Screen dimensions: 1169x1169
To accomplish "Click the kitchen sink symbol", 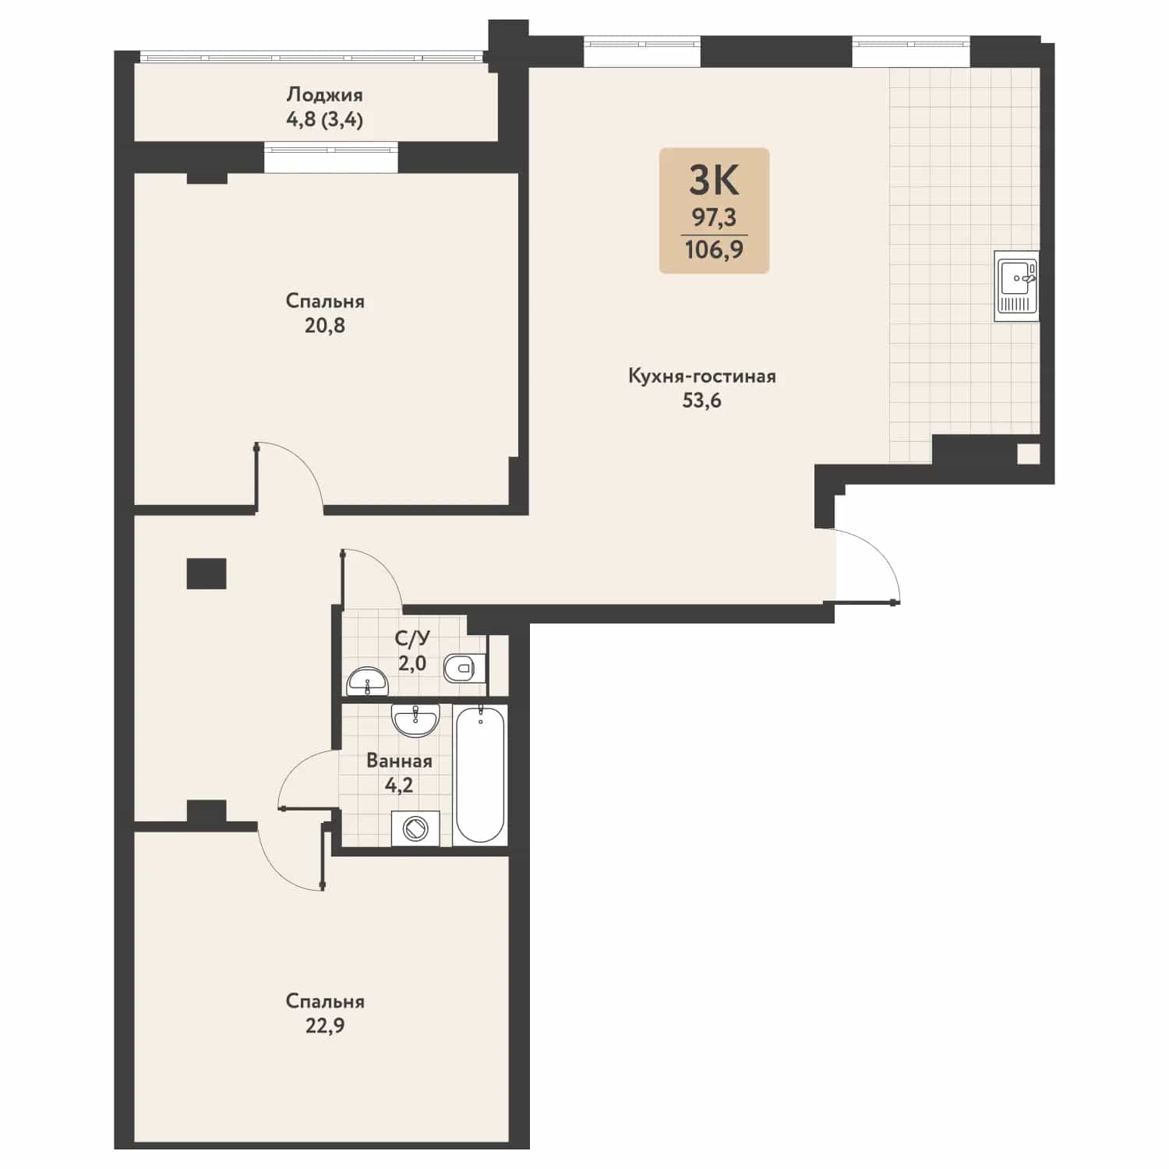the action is (1017, 285).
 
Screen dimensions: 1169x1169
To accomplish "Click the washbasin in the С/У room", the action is (366, 682).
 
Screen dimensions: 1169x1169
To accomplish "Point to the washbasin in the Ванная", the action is (415, 720).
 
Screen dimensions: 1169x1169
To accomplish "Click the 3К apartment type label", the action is (714, 182).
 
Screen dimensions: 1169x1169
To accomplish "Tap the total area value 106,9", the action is (714, 250).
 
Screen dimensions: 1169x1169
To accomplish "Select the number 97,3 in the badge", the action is (714, 217).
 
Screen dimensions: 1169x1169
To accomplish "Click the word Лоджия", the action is (324, 95).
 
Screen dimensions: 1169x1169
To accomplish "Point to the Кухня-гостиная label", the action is (702, 376).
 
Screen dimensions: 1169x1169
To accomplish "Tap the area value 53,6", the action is (702, 401).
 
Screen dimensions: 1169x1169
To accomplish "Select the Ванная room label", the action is (399, 761).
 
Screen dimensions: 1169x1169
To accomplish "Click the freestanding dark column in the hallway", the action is (207, 574).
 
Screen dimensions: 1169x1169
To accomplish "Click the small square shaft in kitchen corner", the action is (1028, 454).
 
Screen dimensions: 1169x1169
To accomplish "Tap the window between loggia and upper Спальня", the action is (330, 157).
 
